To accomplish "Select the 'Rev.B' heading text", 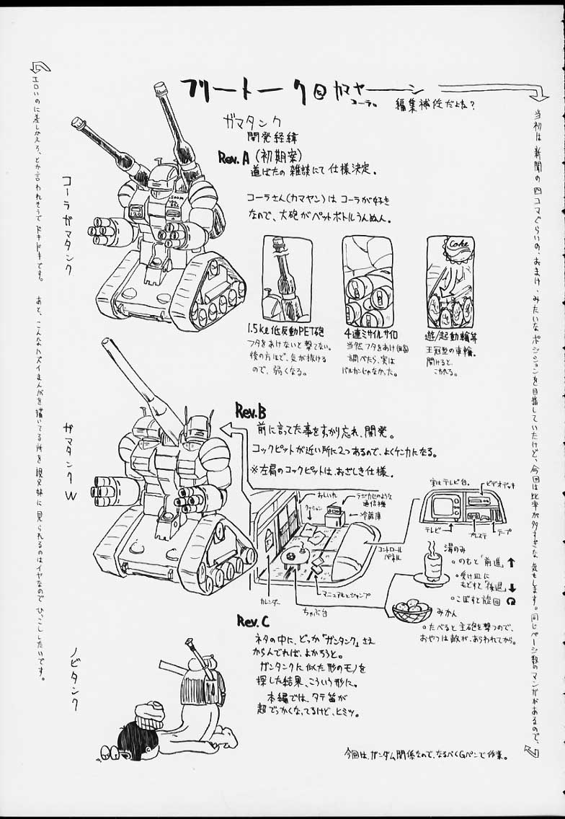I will pos(251,411).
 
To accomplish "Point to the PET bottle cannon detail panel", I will pos(287,278).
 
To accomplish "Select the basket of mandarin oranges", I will pos(412,611).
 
